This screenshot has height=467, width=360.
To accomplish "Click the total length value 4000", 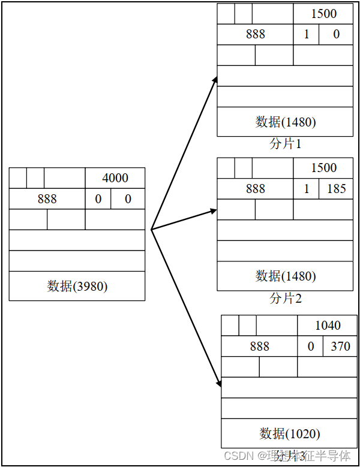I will coord(115,178).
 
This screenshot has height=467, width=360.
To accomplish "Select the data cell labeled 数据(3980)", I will coord(77,286).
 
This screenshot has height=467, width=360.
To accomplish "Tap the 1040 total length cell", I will coord(328,326).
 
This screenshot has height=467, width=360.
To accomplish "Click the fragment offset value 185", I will coord(337,189).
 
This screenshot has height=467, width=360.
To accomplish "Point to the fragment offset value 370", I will coord(340,347).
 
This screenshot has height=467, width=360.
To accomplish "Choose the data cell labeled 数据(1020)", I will coord(289,433).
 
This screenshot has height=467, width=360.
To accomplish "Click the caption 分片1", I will coord(285,144).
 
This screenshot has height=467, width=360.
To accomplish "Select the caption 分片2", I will coord(285,298).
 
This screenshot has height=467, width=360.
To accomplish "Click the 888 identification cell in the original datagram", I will coord(47,199).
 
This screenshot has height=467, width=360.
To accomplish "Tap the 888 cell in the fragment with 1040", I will coord(259,347).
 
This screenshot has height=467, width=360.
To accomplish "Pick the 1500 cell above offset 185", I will coord(323,168).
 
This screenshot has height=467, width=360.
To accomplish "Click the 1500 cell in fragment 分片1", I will coord(323,14).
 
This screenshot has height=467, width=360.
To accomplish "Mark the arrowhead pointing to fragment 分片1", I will coord(214,80).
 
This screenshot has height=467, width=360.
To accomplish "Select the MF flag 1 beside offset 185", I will coord(307,189).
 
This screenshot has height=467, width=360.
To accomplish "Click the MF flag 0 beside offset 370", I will coord(310,347).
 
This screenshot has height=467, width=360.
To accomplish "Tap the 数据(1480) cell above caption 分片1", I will coord(285,122).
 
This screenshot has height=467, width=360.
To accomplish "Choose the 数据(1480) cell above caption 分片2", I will coord(285,276).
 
